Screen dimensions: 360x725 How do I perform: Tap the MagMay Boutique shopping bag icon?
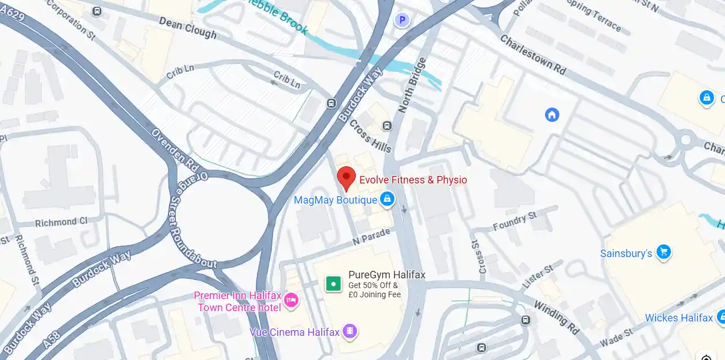tap(388, 200)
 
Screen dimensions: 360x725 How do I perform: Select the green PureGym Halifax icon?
tap(333, 284)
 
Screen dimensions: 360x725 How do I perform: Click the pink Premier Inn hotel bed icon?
tap(291, 300)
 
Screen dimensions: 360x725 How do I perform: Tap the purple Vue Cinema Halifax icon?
tap(348, 331)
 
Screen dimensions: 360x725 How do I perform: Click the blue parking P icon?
tap(402, 20)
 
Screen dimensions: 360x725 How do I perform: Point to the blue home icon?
tap(552, 114)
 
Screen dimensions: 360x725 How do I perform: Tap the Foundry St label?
tap(515, 221)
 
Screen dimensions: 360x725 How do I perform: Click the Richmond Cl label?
tap(61, 222)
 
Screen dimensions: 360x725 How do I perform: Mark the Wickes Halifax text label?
tap(678, 318)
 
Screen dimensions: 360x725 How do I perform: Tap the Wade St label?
tap(616, 338)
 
